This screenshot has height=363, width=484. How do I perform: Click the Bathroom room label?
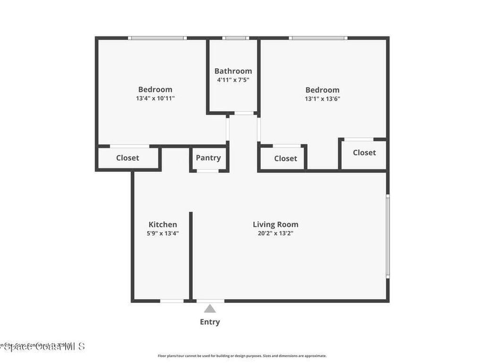pyautogui.click(x=233, y=71)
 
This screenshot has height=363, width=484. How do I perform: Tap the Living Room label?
pyautogui.click(x=276, y=225)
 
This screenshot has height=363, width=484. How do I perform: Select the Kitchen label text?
pyautogui.click(x=163, y=225)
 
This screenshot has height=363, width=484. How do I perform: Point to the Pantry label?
pyautogui.click(x=208, y=158)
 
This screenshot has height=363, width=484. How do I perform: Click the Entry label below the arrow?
pyautogui.click(x=210, y=322)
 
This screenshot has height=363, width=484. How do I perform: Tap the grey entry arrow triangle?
pyautogui.click(x=210, y=309)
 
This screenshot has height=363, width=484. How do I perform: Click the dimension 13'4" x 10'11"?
pyautogui.click(x=155, y=99)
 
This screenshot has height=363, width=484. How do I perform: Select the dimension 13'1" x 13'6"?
pyautogui.click(x=322, y=99)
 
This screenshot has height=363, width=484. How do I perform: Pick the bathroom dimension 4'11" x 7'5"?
pyautogui.click(x=233, y=80)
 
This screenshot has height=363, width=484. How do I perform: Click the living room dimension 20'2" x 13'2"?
pyautogui.click(x=276, y=233)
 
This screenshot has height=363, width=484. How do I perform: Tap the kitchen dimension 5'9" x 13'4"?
pyautogui.click(x=163, y=233)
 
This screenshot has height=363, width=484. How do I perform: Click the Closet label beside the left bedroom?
pyautogui.click(x=128, y=158)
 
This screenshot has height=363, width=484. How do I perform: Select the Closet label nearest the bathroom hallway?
pyautogui.click(x=285, y=158)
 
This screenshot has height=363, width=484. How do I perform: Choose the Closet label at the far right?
pyautogui.click(x=364, y=152)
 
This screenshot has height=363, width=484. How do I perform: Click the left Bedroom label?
pyautogui.click(x=155, y=89)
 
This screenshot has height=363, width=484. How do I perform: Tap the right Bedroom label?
pyautogui.click(x=322, y=90)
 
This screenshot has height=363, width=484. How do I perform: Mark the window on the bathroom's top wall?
pyautogui.click(x=235, y=38)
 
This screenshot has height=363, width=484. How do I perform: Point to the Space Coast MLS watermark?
pyautogui.click(x=43, y=346)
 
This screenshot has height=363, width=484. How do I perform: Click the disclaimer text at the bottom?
pyautogui.click(x=242, y=356)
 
